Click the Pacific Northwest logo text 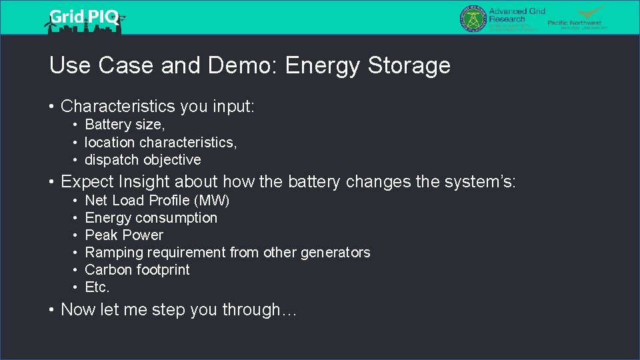(x=574, y=23)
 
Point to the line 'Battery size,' (x=125, y=125)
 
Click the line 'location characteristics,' (x=161, y=142)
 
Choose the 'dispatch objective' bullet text (x=143, y=159)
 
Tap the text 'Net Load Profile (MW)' (x=157, y=201)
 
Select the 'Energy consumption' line (x=151, y=218)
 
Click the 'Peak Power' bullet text (x=124, y=235)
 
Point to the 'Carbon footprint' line (x=137, y=270)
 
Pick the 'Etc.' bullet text (x=97, y=287)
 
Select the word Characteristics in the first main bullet (x=117, y=106)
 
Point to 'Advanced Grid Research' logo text (x=517, y=15)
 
